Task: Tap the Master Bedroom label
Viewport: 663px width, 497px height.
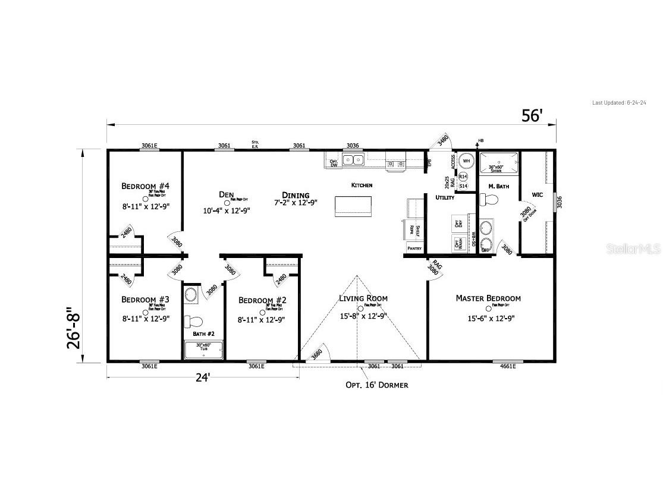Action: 488,298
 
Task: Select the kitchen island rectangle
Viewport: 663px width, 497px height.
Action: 354,206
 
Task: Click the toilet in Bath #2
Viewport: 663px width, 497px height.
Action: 193,322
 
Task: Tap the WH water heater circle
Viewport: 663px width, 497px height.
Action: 467,161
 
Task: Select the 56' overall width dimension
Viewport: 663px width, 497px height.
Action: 532,115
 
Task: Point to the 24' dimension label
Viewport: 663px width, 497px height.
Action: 203,378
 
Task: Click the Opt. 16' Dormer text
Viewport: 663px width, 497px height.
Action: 377,385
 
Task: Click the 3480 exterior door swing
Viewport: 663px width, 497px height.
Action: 442,141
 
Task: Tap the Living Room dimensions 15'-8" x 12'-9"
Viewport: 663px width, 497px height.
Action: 363,316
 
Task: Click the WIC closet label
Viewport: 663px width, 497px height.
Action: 538,194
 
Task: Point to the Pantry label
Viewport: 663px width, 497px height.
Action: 414,248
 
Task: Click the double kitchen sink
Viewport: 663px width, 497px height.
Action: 356,159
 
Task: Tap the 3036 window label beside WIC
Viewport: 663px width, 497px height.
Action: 558,203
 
